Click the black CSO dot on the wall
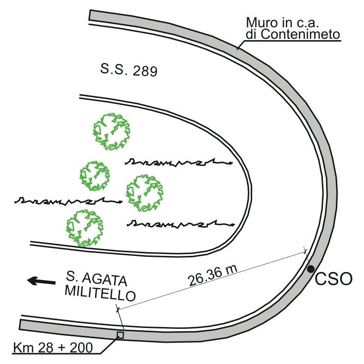[x=311, y=268]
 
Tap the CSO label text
[x=334, y=279]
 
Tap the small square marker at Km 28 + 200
[x=120, y=335]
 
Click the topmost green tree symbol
[x=111, y=131]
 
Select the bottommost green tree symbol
[x=84, y=228]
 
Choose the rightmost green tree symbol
[x=145, y=193]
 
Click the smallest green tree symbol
[x=94, y=176]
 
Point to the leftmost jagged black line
[x=68, y=201]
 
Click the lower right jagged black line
[x=180, y=224]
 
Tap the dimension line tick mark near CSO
[x=305, y=250]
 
